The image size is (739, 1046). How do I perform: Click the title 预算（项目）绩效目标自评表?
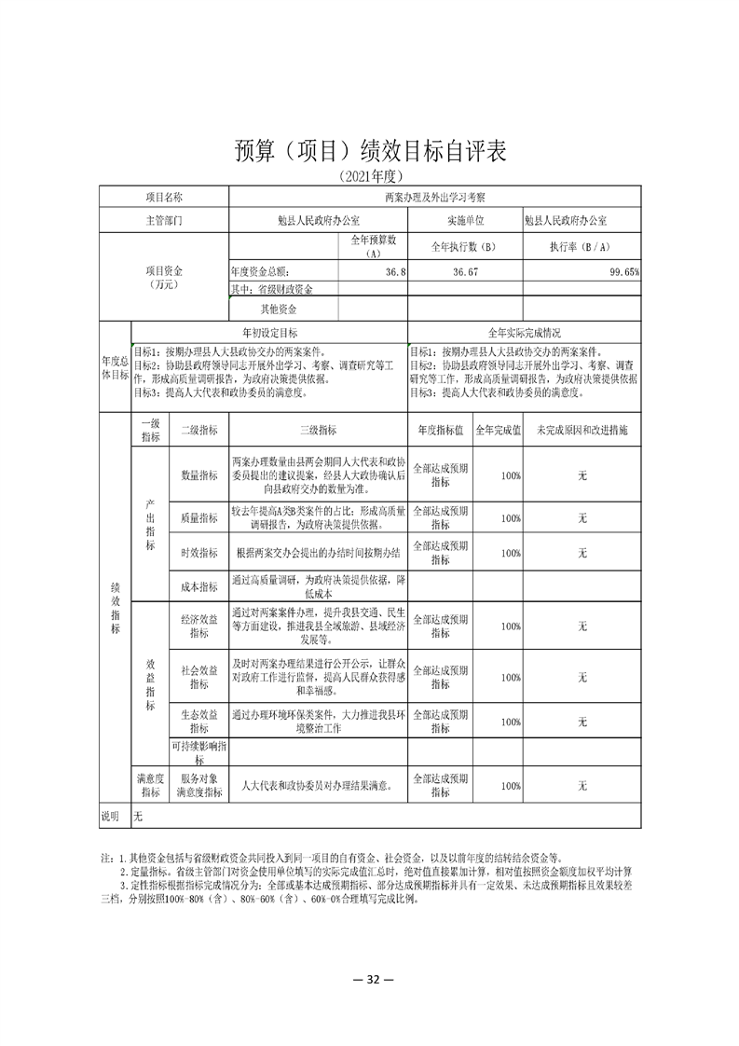[x=370, y=151]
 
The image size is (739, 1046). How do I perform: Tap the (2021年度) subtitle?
[x=370, y=176]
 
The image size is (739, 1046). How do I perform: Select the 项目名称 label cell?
[x=164, y=198]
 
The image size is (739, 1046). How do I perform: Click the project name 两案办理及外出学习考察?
[x=435, y=198]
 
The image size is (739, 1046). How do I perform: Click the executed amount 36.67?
[x=465, y=271]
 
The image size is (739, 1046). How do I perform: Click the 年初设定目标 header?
[x=270, y=332]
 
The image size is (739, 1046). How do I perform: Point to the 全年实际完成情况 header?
[x=525, y=332]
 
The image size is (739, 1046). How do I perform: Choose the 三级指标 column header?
[x=318, y=431]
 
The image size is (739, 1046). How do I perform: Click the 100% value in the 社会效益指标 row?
[x=510, y=677]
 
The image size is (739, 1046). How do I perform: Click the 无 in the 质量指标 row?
[x=582, y=517]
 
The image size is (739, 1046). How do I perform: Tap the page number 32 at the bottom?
[x=370, y=980]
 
